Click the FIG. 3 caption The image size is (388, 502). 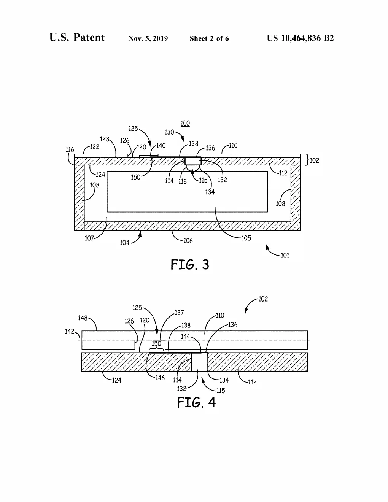(x=190, y=264)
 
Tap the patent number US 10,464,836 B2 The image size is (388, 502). (x=300, y=38)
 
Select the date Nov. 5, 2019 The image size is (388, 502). (x=148, y=38)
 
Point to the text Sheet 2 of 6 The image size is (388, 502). (x=209, y=38)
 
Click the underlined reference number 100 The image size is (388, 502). (x=185, y=123)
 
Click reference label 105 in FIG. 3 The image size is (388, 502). (x=246, y=238)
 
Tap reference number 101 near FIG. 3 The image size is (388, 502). (x=285, y=255)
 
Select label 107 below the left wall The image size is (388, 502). (x=89, y=238)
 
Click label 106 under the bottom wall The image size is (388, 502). (x=188, y=241)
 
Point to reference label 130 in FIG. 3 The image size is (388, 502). (x=169, y=132)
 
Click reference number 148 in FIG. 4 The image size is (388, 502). (x=83, y=318)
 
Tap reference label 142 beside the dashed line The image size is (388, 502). (x=69, y=332)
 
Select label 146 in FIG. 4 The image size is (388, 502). (x=160, y=378)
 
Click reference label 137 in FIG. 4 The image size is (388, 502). (x=179, y=313)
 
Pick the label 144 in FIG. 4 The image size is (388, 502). (x=185, y=336)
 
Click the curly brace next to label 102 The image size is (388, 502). (x=307, y=160)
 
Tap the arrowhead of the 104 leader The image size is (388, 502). (x=140, y=234)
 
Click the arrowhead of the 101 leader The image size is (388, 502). (x=267, y=246)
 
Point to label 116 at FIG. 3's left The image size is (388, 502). (x=70, y=150)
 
